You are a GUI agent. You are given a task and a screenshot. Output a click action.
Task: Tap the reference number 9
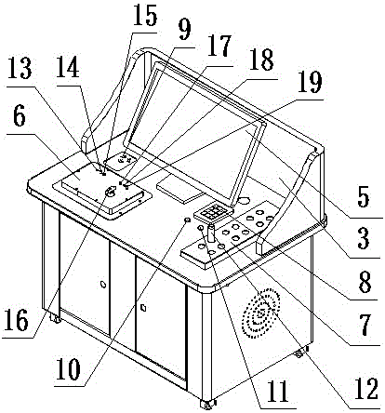[184, 31]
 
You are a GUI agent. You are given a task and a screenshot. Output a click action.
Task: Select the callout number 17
[219, 47]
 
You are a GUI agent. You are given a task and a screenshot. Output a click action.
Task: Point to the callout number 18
[262, 60]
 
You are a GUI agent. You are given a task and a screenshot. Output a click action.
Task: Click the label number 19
[310, 82]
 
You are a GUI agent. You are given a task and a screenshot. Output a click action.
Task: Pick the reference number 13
[20, 68]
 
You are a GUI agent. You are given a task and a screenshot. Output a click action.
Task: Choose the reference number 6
[19, 117]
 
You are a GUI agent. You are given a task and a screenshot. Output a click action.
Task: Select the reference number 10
[69, 369]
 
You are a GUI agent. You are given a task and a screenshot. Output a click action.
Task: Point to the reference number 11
[277, 392]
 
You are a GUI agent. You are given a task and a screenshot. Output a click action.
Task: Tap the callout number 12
[366, 389]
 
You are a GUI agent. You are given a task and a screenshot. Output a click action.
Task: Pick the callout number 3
[364, 239]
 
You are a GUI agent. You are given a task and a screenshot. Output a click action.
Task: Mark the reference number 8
[365, 283]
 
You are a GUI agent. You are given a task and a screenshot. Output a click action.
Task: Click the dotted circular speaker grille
[260, 313]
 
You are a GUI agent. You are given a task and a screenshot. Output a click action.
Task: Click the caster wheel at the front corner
[206, 404]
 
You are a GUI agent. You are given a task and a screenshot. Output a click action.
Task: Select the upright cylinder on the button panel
[211, 234]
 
